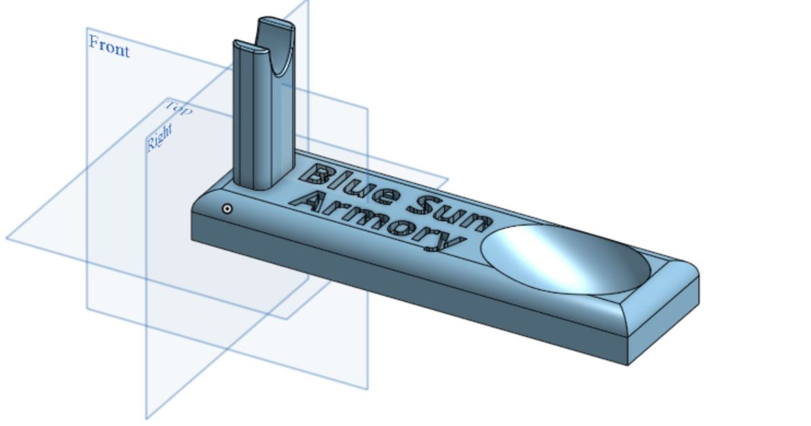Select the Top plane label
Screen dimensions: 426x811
[x=179, y=108]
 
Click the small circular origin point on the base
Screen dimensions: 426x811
[x=228, y=209]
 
